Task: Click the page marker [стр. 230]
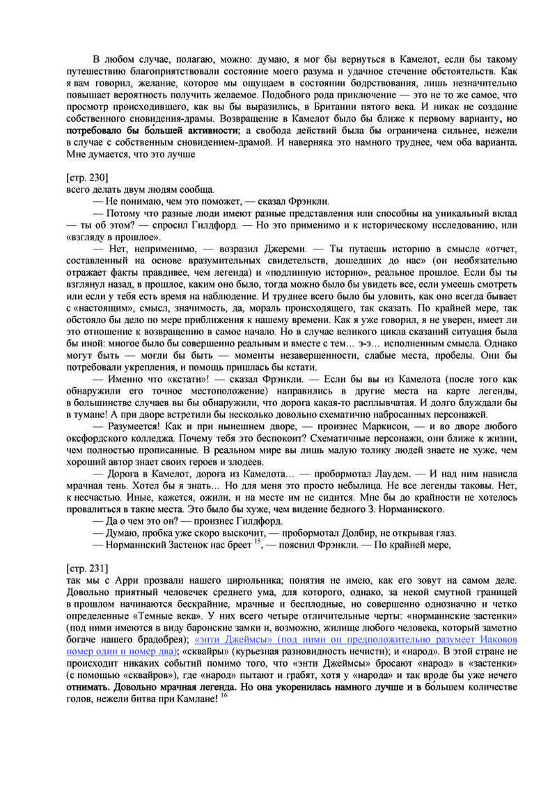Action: click(x=87, y=178)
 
